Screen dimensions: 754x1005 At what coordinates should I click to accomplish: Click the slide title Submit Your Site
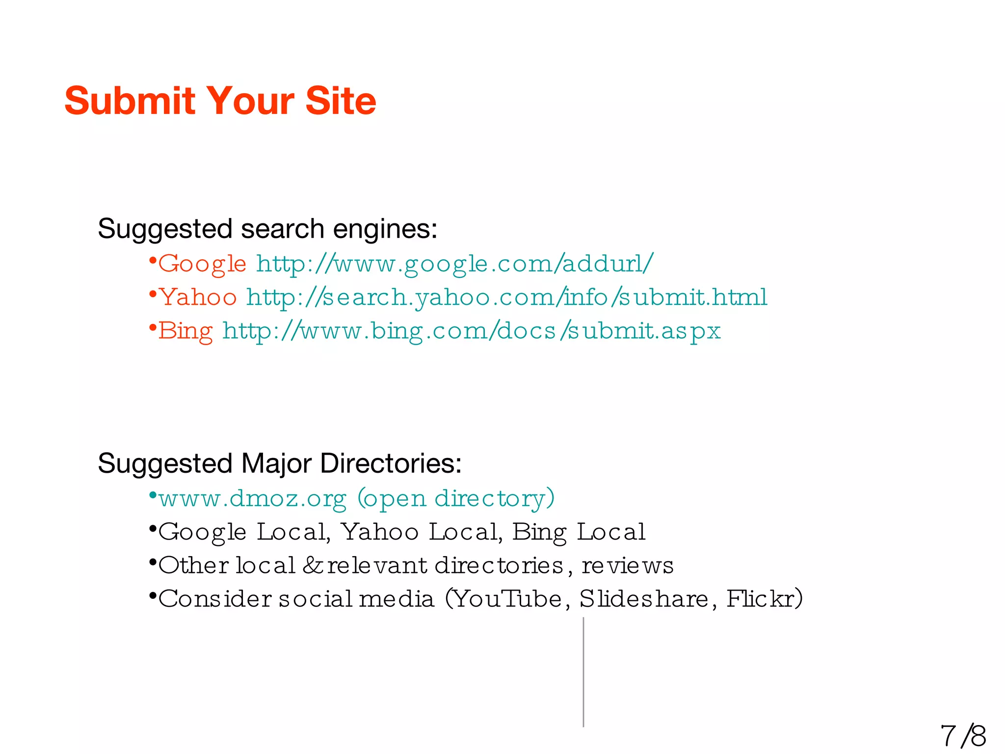220,101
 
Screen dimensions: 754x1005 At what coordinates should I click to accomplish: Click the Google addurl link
454,264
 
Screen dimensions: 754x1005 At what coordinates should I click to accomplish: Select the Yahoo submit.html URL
506,297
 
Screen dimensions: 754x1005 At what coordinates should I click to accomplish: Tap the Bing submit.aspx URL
471,330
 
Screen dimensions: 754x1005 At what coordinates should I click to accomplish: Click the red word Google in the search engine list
202,264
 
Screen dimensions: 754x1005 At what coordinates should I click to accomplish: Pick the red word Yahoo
198,297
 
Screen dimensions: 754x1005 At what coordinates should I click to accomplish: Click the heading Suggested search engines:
267,229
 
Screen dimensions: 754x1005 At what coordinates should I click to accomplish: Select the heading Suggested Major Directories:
280,463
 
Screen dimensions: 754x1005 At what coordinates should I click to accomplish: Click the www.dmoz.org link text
253,498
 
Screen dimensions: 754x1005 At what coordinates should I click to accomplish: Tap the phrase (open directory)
456,498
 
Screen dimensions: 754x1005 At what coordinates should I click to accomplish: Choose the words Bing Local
579,532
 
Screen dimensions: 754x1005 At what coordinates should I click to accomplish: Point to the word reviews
627,565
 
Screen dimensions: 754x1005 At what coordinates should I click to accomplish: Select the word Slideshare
644,599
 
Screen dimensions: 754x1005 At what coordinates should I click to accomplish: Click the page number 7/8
963,735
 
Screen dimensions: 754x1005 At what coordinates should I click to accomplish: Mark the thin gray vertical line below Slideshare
583,673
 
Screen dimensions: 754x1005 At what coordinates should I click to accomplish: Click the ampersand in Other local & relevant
312,565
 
